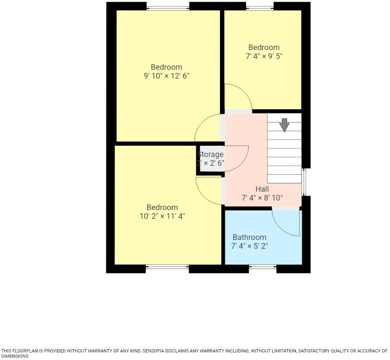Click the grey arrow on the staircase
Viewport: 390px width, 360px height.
[x=285, y=125]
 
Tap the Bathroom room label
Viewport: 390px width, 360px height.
[x=249, y=237]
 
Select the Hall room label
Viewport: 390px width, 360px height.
[x=262, y=189]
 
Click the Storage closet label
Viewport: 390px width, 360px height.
[x=210, y=154]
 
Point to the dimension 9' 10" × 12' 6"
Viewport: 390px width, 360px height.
[x=167, y=76]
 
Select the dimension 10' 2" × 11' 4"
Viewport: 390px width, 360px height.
[x=162, y=216]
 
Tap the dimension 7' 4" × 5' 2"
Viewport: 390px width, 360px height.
[x=249, y=246]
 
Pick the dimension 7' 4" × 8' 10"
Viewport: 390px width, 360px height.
[x=262, y=197]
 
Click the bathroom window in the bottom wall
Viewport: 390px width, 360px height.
[x=262, y=267]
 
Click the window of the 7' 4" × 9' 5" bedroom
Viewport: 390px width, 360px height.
[x=260, y=7]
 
